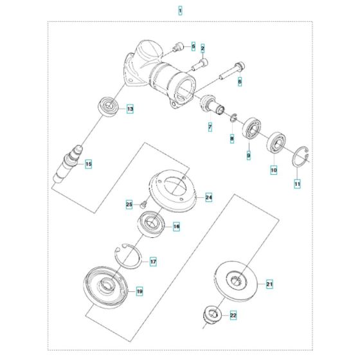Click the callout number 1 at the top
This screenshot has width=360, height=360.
tap(180, 11)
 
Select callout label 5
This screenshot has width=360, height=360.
tap(192, 46)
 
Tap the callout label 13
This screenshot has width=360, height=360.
tap(130, 109)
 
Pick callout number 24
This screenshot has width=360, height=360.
tap(208, 197)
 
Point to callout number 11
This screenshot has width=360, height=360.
tap(297, 184)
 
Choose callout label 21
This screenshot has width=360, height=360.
tap(270, 283)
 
